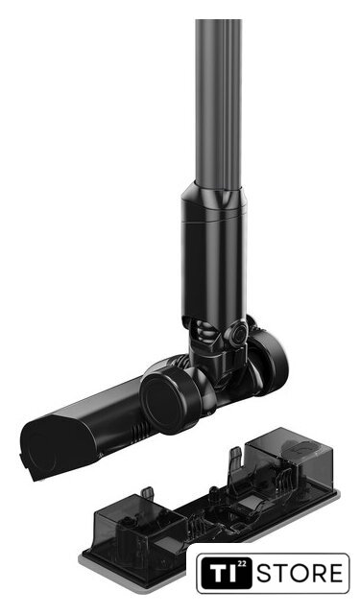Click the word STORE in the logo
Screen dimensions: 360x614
(300, 574)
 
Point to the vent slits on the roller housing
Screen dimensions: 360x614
(142, 430)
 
